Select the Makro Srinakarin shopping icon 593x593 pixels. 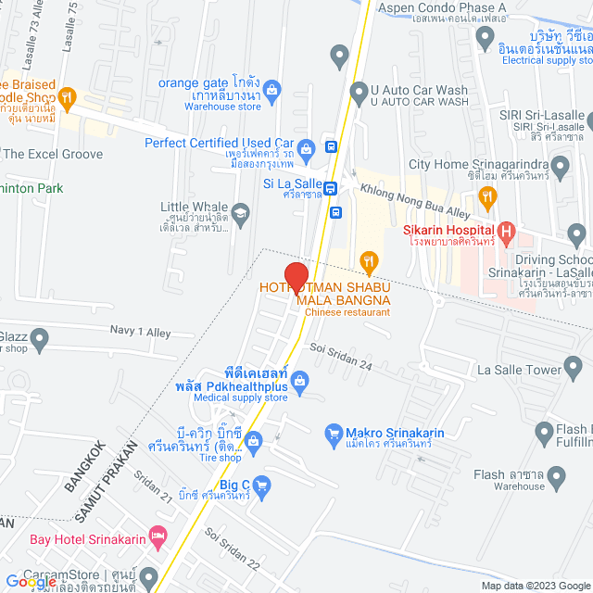(x=334, y=433)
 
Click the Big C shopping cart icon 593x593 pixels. (x=262, y=484)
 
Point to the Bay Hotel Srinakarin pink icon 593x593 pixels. (x=158, y=536)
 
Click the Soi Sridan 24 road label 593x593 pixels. (x=342, y=358)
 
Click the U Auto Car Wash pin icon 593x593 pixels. (x=360, y=93)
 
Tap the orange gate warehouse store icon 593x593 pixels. (x=271, y=90)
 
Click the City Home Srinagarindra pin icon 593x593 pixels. (x=560, y=167)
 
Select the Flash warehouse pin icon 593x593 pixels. (x=557, y=478)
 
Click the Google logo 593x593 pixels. (x=30, y=581)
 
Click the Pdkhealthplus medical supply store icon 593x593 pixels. (x=299, y=379)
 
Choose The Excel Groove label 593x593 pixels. (x=53, y=154)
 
